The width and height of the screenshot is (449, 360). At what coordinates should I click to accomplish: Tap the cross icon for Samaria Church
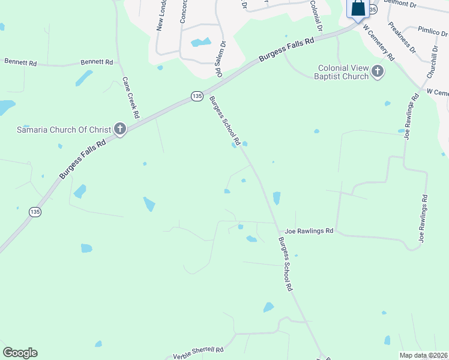tap(119, 128)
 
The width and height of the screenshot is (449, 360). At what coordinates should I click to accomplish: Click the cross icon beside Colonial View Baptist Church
tap(377, 72)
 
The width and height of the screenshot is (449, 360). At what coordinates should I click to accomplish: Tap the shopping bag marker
tap(358, 8)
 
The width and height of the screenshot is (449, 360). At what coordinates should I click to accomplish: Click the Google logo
tap(20, 353)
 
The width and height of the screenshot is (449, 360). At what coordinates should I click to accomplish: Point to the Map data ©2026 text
tap(424, 355)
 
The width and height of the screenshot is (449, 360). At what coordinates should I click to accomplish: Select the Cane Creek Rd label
tap(131, 97)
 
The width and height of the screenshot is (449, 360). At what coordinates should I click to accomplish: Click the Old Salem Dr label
tap(220, 59)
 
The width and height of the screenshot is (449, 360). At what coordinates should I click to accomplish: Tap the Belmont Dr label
tap(400, 4)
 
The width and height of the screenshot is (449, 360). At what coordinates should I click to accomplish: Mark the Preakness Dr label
tap(402, 38)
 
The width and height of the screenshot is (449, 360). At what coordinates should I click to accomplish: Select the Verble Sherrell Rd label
tap(198, 350)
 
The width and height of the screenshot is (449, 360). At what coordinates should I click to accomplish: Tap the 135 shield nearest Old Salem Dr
tap(197, 97)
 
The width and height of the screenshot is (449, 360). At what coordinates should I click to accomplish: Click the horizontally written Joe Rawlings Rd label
tap(309, 230)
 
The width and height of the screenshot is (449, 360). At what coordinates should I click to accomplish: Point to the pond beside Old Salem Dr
tap(200, 43)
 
